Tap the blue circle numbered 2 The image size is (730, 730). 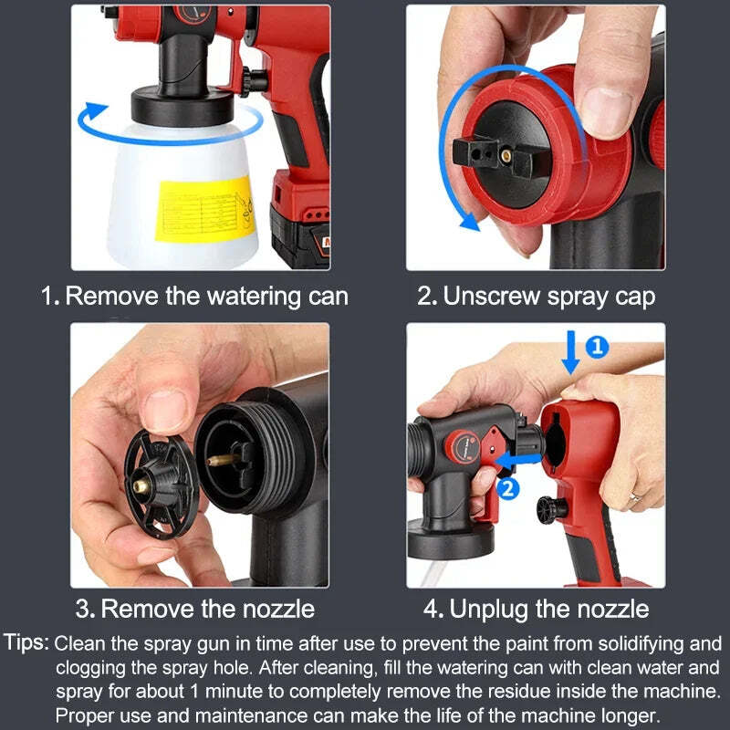point(509,489)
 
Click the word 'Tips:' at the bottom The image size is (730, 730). point(26,643)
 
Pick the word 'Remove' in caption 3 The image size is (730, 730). point(146,609)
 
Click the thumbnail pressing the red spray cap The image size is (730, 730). point(608,111)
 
